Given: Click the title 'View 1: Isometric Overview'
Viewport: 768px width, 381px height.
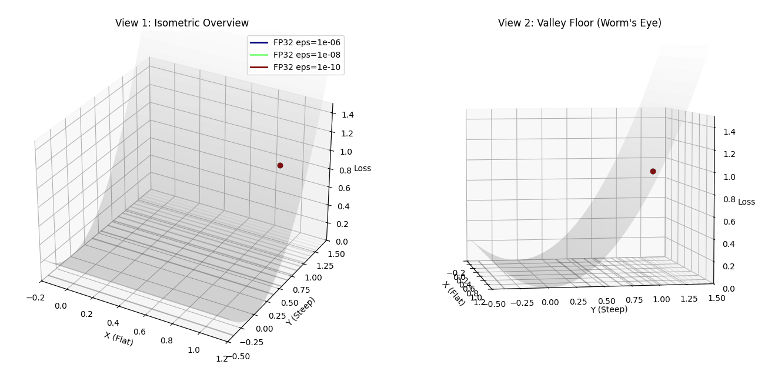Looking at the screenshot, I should click(x=182, y=24).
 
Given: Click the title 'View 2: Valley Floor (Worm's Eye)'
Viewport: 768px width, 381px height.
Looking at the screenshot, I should click(x=579, y=24).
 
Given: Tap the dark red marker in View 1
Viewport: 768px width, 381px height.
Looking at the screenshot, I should click(x=280, y=166).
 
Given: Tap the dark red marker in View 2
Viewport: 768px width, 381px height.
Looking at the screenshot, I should click(x=653, y=172).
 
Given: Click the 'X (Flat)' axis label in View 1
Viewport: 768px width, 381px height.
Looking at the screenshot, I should click(x=119, y=339).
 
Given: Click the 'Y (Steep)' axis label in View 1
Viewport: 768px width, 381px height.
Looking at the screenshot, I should click(x=300, y=311).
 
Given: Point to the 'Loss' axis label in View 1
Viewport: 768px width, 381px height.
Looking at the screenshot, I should click(x=362, y=169).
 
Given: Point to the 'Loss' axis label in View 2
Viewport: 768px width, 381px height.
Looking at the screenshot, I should click(x=746, y=202).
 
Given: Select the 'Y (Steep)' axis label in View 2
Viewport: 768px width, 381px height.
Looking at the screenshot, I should click(x=609, y=309).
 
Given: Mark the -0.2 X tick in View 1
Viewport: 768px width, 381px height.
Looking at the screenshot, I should click(x=35, y=298).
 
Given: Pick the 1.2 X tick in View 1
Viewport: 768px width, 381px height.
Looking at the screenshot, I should click(x=221, y=359).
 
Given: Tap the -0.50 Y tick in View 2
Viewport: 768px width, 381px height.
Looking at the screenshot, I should click(x=497, y=304).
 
